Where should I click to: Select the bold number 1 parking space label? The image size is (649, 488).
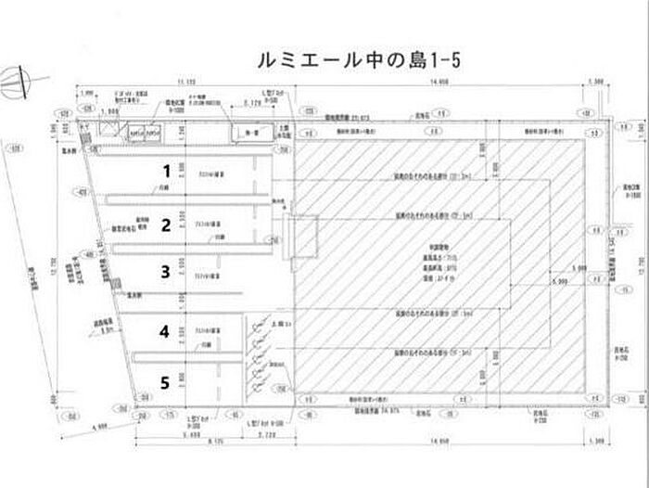[x=166, y=171]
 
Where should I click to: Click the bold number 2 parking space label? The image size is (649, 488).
[x=166, y=224]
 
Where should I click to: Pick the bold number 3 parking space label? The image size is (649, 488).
[x=166, y=272]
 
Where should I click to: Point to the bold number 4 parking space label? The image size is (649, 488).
[x=165, y=330]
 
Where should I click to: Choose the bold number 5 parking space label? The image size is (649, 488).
[x=165, y=380]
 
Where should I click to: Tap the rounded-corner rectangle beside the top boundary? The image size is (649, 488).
[x=250, y=134]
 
